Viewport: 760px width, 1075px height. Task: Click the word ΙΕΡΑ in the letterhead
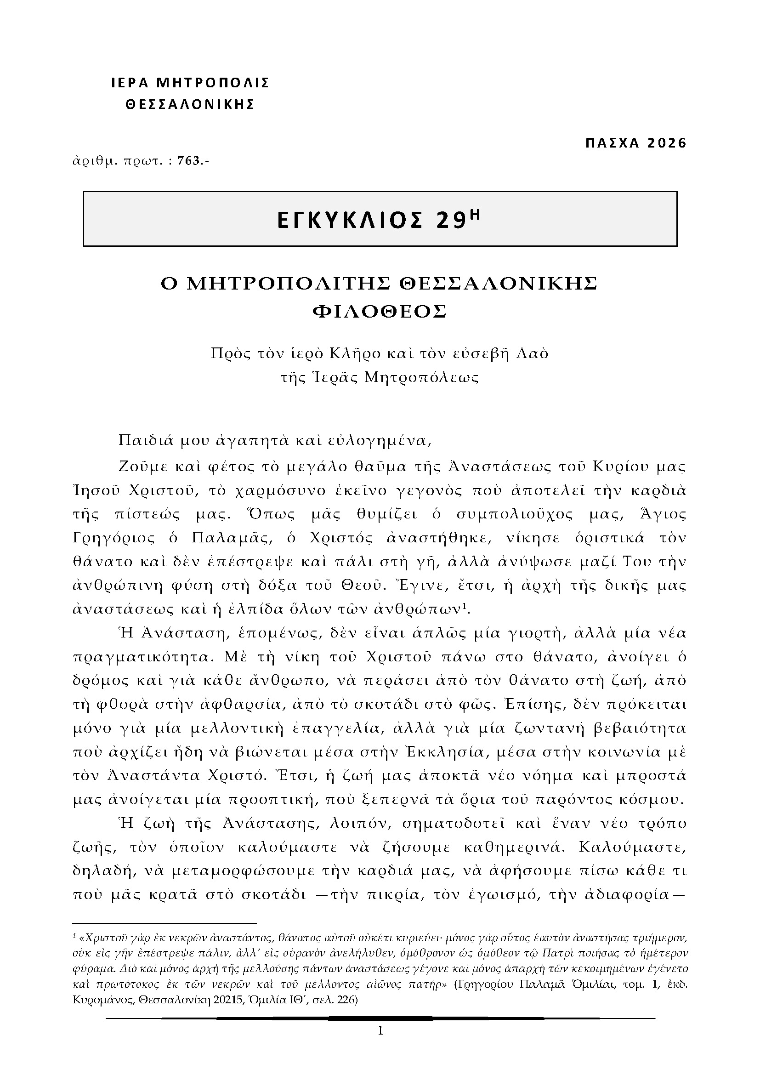tap(130, 83)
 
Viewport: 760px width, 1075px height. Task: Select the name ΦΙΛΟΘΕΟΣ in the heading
tap(380, 311)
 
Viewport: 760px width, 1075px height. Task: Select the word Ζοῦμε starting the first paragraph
tap(139, 467)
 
